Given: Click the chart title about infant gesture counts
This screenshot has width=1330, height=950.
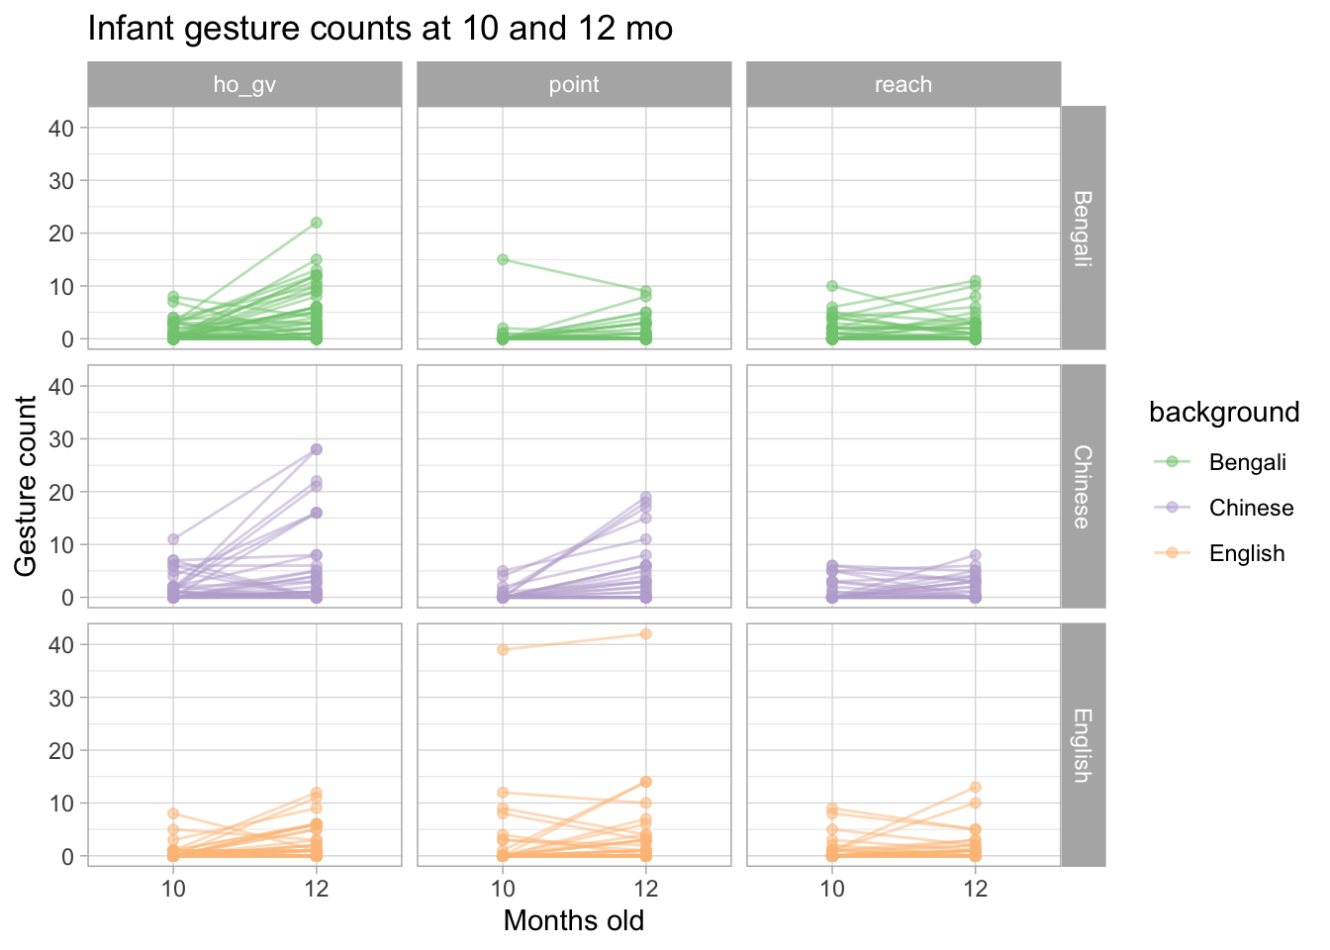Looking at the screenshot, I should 380,29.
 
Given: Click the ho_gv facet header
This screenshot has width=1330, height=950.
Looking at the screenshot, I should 244,84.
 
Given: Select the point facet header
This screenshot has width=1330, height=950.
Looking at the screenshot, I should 574,84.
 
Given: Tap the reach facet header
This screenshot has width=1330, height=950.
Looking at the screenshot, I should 903,84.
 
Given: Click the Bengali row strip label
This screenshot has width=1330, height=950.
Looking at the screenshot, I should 1083,228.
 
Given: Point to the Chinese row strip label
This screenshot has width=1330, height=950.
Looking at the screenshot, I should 1083,487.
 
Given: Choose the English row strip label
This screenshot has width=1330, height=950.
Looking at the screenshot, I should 1083,745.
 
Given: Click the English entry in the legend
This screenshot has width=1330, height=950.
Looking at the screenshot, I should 1246,553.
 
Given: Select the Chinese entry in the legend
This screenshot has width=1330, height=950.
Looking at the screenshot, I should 1251,508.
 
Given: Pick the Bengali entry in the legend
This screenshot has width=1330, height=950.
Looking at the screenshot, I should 1247,462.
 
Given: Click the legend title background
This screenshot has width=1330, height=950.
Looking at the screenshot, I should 1224,412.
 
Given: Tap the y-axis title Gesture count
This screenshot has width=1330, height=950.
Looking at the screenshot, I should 27,486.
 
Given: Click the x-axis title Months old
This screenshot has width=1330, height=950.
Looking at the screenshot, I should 574,921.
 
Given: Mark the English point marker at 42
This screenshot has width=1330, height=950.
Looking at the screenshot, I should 646,633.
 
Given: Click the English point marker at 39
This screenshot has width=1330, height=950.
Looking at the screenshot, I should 503,649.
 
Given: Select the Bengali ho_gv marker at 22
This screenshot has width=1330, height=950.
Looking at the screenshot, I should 317,223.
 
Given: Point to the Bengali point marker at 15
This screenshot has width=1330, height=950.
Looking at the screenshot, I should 503,259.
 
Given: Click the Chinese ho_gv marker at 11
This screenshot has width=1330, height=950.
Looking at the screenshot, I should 173,539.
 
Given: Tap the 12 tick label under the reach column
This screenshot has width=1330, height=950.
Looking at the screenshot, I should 976,889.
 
